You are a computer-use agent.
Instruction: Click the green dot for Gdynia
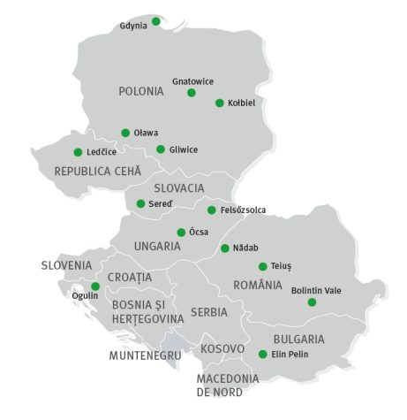pos(156,20)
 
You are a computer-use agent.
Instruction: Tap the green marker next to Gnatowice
pos(191,92)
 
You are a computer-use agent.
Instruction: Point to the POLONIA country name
pos(141,91)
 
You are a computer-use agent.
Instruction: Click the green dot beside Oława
pos(125,133)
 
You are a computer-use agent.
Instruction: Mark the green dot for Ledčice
pos(78,152)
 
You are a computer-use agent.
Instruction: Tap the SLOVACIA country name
pos(179,188)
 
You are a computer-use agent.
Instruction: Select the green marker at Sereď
pos(140,203)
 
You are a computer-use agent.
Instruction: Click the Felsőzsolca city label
pos(243,210)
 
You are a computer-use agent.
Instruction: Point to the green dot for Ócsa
pos(181,233)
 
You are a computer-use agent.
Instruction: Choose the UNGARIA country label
pos(157,246)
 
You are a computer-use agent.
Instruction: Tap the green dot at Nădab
pos(225,248)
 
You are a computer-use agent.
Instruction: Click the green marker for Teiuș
pos(262,266)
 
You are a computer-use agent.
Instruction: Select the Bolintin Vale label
pos(315,290)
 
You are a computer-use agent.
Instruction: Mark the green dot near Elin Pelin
pos(262,355)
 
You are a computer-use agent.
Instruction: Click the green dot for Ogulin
pos(95,286)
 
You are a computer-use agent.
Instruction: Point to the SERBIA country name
pos(208,312)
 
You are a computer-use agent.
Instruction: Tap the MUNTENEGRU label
pos(145,355)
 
